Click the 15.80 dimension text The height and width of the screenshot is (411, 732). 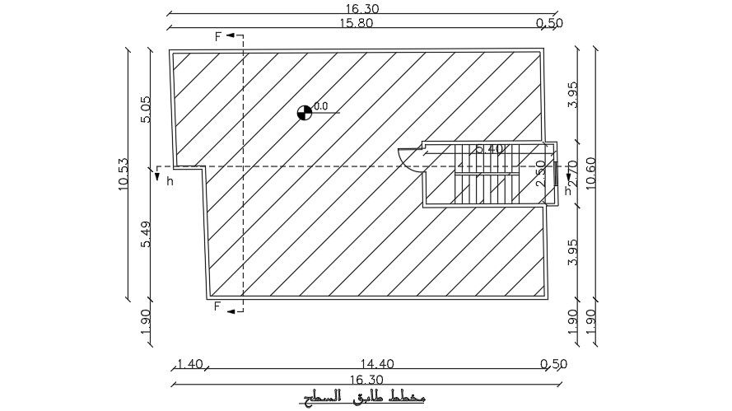tap(356, 23)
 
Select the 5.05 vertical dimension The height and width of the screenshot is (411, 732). tap(147, 110)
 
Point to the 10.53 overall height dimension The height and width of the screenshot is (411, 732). tap(124, 175)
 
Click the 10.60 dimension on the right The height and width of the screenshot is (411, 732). tap(590, 175)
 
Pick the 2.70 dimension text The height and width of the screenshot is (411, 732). tap(572, 175)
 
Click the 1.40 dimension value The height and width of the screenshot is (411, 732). tap(189, 363)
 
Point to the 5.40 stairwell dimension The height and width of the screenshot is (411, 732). tap(488, 149)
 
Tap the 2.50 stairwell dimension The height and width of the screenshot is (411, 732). tap(541, 175)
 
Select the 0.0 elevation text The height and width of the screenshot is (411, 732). tap(321, 105)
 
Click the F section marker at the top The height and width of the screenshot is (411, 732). tap(219, 36)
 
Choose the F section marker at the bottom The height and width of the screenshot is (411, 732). tap(219, 308)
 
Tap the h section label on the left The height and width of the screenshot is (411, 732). tap(170, 181)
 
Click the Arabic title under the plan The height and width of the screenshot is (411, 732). tap(362, 399)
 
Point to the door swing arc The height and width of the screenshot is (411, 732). tap(408, 156)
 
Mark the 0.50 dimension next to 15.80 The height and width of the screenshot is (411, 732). tap(549, 23)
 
